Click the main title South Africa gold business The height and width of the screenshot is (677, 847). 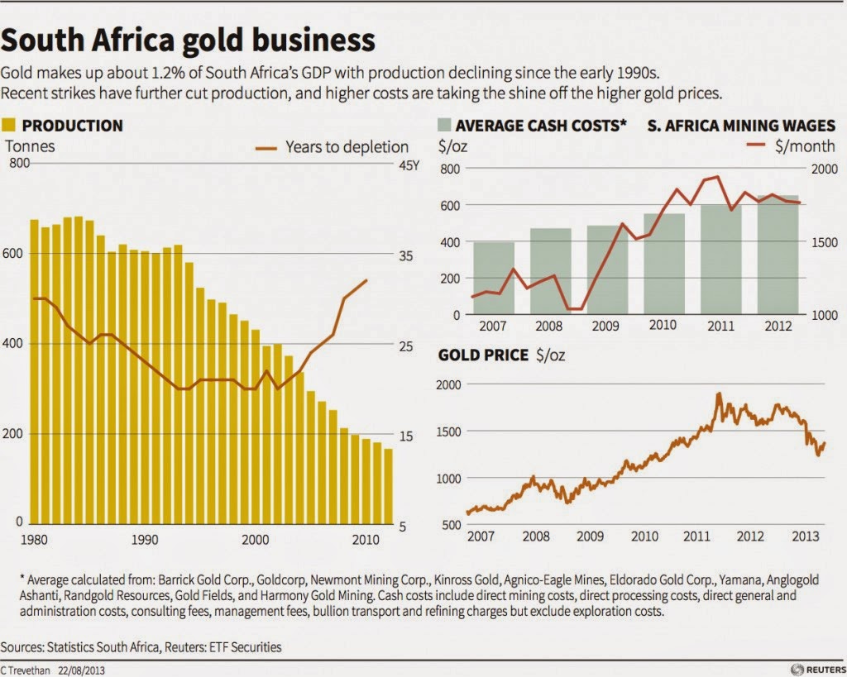pyautogui.click(x=189, y=40)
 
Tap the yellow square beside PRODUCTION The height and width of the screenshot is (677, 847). pyautogui.click(x=11, y=126)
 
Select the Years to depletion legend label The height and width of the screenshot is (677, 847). pyautogui.click(x=347, y=147)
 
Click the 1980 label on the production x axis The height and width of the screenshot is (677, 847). pyautogui.click(x=34, y=540)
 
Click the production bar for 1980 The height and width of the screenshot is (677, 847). pyautogui.click(x=35, y=371)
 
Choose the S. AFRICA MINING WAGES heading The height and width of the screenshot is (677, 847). pyautogui.click(x=741, y=126)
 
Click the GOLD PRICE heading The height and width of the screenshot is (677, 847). pyautogui.click(x=483, y=355)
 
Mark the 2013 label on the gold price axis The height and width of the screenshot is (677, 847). pyautogui.click(x=807, y=536)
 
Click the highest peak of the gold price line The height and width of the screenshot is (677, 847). pyautogui.click(x=718, y=394)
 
